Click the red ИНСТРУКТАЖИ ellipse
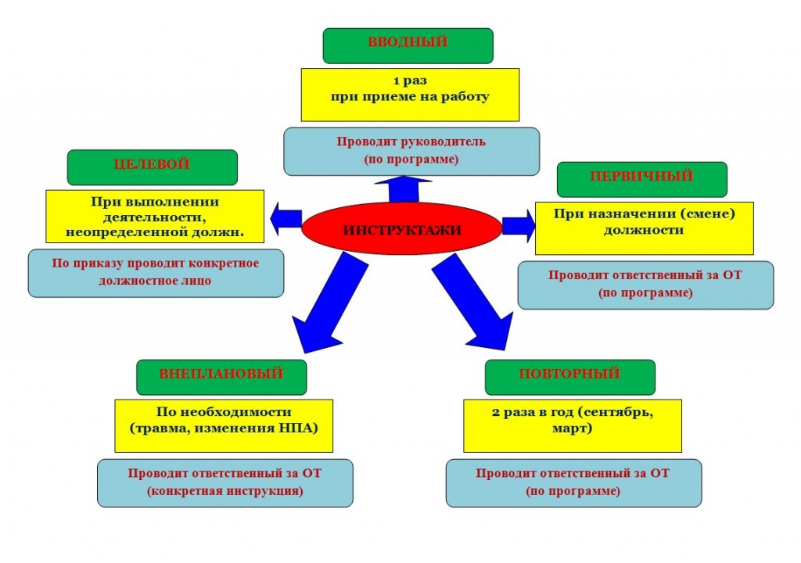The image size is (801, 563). [x=401, y=229]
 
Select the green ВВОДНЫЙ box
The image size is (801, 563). [x=408, y=45]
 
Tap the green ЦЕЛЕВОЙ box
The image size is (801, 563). [x=152, y=167]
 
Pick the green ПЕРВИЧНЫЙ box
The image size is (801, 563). [x=641, y=179]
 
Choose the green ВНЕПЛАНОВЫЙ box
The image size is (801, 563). [x=221, y=377]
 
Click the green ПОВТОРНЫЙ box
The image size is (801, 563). [x=569, y=377]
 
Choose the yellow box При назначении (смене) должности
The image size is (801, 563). [x=644, y=227]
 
